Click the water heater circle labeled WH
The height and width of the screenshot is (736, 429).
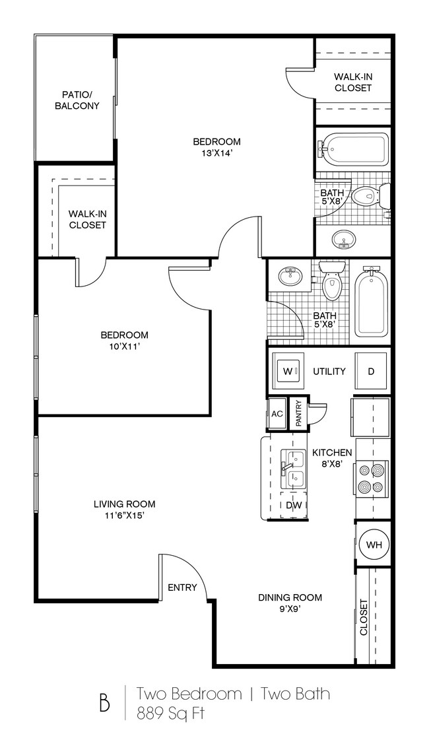click(374, 545)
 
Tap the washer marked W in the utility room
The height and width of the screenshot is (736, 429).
click(288, 371)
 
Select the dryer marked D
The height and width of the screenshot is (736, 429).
click(371, 371)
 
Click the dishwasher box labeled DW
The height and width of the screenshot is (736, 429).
click(294, 505)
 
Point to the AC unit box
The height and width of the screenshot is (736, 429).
click(277, 414)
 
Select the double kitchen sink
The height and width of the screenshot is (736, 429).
click(292, 469)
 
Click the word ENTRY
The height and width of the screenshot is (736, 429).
click(182, 587)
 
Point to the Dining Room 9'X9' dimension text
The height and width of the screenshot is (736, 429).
click(290, 609)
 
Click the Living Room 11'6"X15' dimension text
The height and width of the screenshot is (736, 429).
click(124, 516)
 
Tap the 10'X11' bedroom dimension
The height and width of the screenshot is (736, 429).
click(124, 347)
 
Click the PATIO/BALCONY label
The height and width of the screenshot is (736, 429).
click(77, 100)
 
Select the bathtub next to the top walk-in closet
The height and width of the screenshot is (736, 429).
click(354, 149)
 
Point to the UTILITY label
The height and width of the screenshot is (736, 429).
click(329, 371)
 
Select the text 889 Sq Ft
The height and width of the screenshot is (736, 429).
click(170, 714)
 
